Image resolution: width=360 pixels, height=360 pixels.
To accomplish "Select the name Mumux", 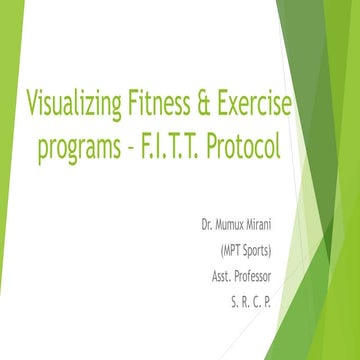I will pyautogui.click(x=239, y=215).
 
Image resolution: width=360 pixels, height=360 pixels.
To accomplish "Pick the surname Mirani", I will pyautogui.click(x=280, y=215).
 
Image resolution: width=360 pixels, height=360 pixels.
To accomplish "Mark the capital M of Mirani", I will pyautogui.click(x=266, y=215).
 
